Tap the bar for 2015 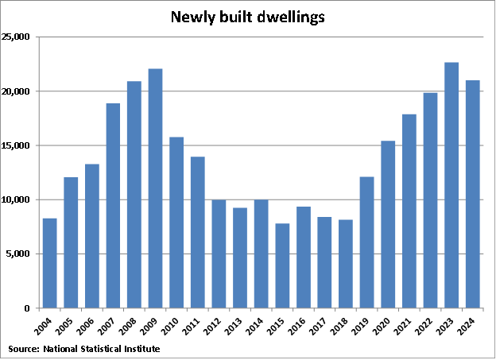coord(282,265)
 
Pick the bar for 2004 coord(49,263)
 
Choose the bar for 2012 coord(219,254)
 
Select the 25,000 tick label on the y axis coord(16,37)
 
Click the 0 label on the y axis coord(27,308)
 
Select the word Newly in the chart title coord(192,16)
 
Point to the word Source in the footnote coord(23,349)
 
